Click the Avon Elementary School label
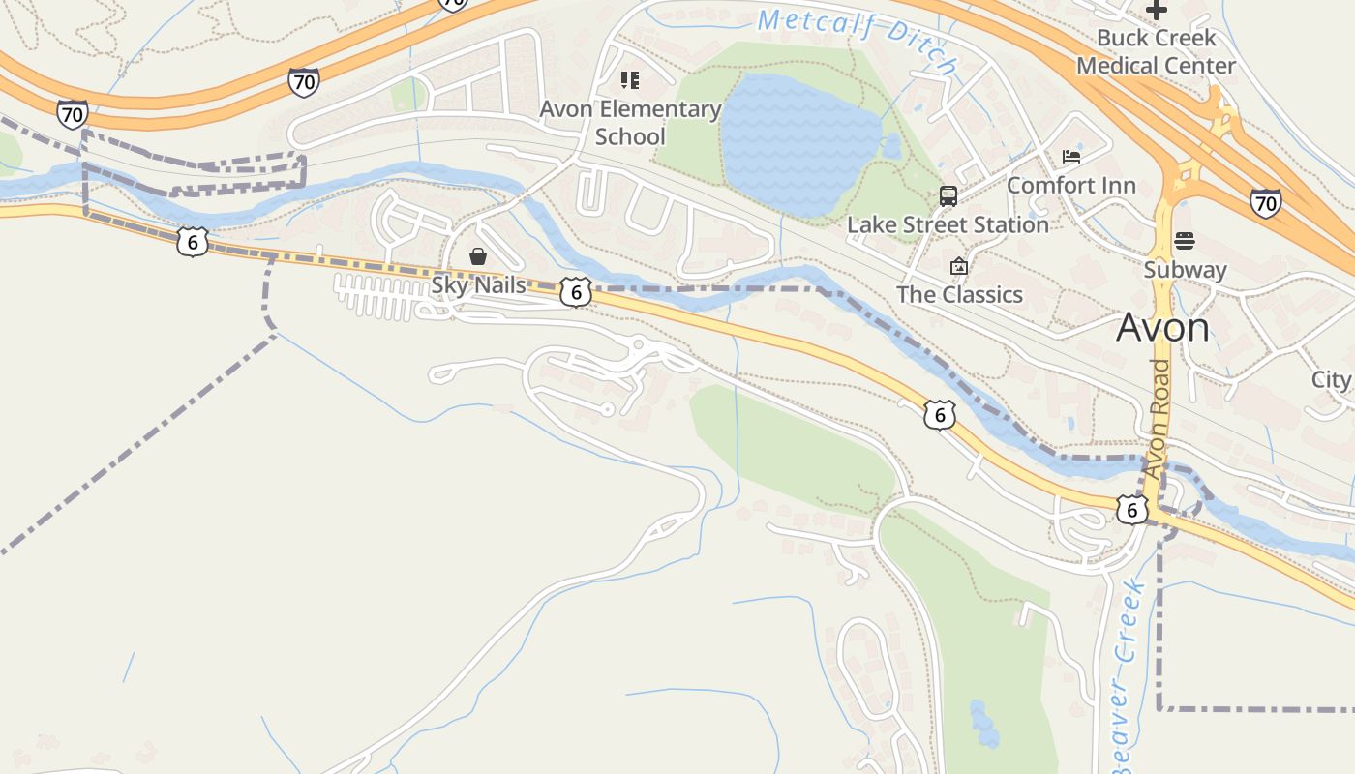click(x=630, y=123)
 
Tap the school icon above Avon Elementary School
click(x=630, y=80)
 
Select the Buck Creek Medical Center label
click(x=1156, y=52)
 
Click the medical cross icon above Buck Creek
click(x=1156, y=11)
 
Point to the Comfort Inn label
click(x=1070, y=185)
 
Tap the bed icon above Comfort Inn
click(x=1070, y=156)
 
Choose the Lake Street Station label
click(x=948, y=224)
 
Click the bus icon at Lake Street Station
click(x=948, y=196)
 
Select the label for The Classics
click(x=959, y=294)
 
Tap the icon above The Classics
click(x=959, y=266)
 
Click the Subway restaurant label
click(x=1185, y=270)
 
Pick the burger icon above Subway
click(x=1185, y=241)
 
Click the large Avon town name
click(x=1162, y=328)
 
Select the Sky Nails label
click(x=478, y=285)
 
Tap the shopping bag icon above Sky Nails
click(x=478, y=256)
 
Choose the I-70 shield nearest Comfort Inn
click(x=1264, y=202)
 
